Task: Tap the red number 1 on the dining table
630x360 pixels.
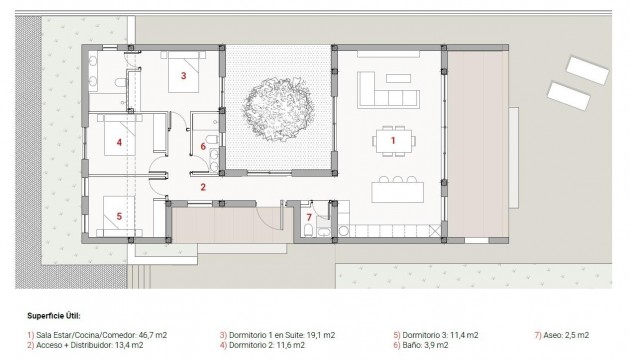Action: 393,141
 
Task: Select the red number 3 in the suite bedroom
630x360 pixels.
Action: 183,74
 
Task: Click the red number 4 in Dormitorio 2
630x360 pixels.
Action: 119,142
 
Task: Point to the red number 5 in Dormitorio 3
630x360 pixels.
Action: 118,214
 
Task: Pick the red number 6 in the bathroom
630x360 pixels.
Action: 203,147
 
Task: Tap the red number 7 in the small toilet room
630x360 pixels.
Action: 309,217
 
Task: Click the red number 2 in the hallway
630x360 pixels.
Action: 202,187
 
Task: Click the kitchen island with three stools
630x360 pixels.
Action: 396,190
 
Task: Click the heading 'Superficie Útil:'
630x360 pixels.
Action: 56,312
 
